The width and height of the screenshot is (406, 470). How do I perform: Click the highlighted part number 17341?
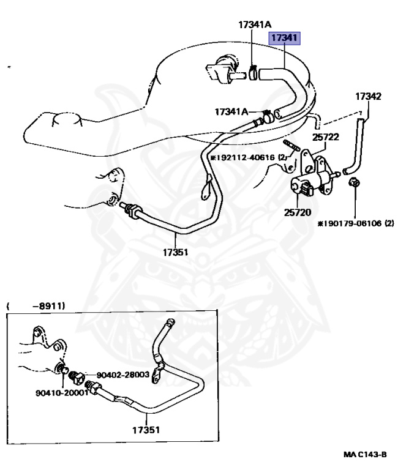pyautogui.click(x=285, y=39)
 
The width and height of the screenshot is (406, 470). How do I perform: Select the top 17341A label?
pyautogui.click(x=255, y=24)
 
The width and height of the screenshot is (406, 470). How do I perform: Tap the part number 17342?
pyautogui.click(x=369, y=96)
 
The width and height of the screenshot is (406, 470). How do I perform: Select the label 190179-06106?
pyautogui.click(x=355, y=224)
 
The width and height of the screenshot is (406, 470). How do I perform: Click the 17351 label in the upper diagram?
pyautogui.click(x=176, y=252)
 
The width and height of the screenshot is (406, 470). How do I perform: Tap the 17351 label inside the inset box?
pyautogui.click(x=146, y=430)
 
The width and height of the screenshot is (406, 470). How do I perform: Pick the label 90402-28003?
pyautogui.click(x=122, y=374)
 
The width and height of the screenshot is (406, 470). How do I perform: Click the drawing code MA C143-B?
pyautogui.click(x=366, y=455)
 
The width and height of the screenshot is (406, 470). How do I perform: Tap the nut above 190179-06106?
pyautogui.click(x=354, y=182)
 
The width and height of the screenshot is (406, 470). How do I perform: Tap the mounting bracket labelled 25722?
pyautogui.click(x=306, y=159)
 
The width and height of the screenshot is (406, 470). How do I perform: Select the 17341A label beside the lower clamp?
pyautogui.click(x=231, y=111)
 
